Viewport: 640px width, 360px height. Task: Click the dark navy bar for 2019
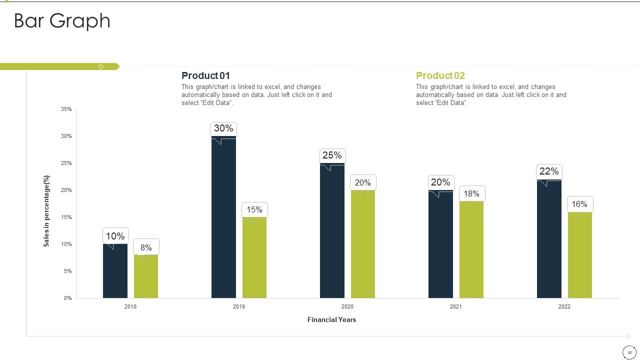click(x=223, y=217)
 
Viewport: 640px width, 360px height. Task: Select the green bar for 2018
click(x=146, y=276)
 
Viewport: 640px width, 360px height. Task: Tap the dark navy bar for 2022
click(x=549, y=239)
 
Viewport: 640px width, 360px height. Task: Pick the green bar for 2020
click(x=363, y=244)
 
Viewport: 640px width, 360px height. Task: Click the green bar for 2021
click(x=471, y=249)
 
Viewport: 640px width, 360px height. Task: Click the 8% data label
click(x=146, y=247)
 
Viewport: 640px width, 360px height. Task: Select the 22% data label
click(x=549, y=172)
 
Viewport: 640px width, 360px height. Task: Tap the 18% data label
click(x=471, y=194)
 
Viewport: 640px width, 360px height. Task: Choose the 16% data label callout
click(x=579, y=204)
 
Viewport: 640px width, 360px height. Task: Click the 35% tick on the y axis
click(x=66, y=109)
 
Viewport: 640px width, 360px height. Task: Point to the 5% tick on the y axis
click(x=67, y=271)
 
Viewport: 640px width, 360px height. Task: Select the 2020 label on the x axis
click(x=347, y=306)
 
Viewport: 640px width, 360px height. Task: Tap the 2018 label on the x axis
click(x=130, y=306)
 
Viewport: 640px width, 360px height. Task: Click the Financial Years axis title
click(x=331, y=319)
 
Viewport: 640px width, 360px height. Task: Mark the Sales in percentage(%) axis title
click(x=46, y=211)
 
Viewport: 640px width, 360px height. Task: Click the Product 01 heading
click(x=205, y=75)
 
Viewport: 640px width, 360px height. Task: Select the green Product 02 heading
click(x=440, y=75)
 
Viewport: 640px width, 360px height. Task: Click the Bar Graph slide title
click(x=62, y=21)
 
